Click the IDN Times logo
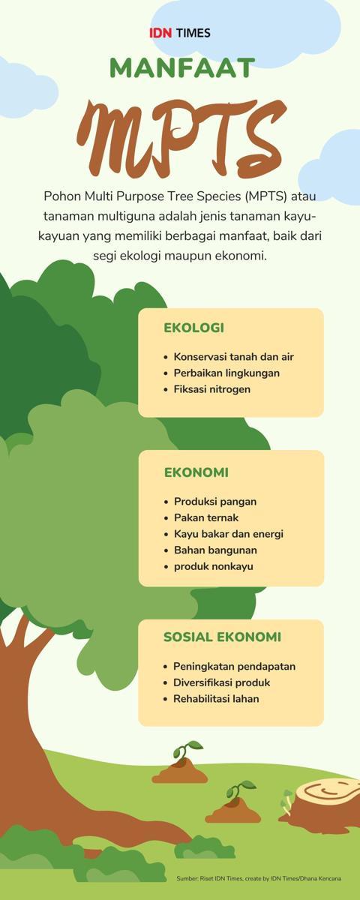[180, 32]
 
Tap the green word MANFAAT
[182, 68]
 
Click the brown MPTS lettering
[181, 137]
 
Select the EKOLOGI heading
[193, 328]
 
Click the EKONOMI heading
[196, 472]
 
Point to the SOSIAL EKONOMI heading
[222, 637]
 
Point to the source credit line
[259, 879]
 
